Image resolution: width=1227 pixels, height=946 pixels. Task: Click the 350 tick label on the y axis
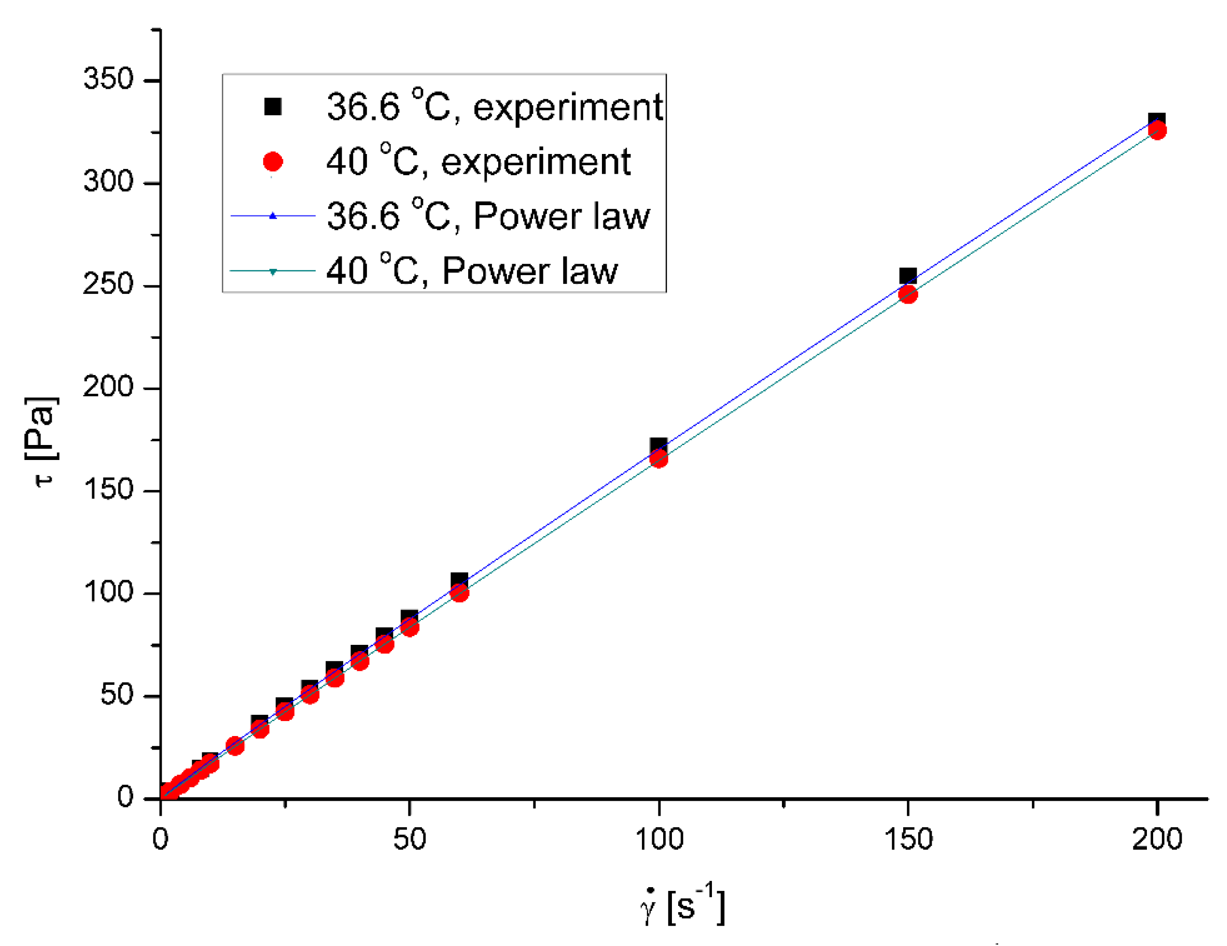(x=109, y=79)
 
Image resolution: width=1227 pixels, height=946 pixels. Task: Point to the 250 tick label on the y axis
(x=109, y=284)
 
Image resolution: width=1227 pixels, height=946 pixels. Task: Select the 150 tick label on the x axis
(x=908, y=839)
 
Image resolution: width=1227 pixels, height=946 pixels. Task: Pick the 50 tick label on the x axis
(x=409, y=839)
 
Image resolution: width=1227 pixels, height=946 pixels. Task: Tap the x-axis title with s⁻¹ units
(x=683, y=906)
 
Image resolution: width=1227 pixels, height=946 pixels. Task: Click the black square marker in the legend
(x=273, y=106)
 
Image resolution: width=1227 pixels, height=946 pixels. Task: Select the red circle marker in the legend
(x=273, y=162)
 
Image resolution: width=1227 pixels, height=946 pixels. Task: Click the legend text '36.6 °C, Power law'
(x=488, y=216)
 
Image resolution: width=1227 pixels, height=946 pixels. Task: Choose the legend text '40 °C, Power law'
(x=472, y=271)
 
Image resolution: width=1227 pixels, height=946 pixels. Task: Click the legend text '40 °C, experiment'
(x=478, y=162)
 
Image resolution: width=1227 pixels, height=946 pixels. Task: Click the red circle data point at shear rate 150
(x=908, y=294)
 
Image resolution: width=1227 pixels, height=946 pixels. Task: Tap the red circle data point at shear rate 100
(x=658, y=459)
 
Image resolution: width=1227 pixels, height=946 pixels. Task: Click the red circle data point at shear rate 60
(x=460, y=593)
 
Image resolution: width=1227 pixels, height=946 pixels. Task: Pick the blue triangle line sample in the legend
(x=273, y=216)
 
